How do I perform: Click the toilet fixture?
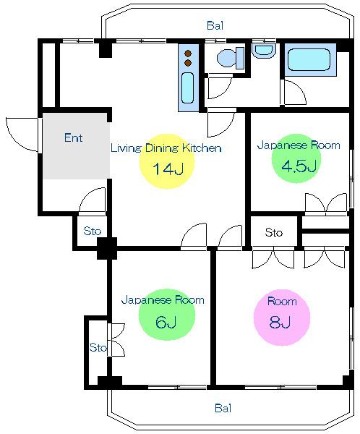(x=231, y=58)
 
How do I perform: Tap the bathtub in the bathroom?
(x=309, y=60)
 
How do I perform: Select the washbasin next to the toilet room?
(x=264, y=50)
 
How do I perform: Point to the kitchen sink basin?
(x=188, y=88)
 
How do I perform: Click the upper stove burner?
(x=188, y=54)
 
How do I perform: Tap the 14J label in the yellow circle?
(x=168, y=169)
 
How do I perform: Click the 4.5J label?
(x=299, y=166)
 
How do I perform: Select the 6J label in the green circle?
(x=166, y=322)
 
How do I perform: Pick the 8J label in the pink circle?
(x=280, y=322)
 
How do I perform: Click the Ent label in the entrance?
(x=73, y=137)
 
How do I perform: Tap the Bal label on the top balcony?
(x=215, y=25)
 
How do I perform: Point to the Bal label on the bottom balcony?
(x=223, y=408)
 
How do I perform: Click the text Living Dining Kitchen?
(x=166, y=148)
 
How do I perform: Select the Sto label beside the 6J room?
(x=98, y=347)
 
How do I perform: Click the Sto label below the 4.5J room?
(x=274, y=232)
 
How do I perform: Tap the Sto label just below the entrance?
(x=93, y=231)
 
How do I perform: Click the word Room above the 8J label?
(x=282, y=301)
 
